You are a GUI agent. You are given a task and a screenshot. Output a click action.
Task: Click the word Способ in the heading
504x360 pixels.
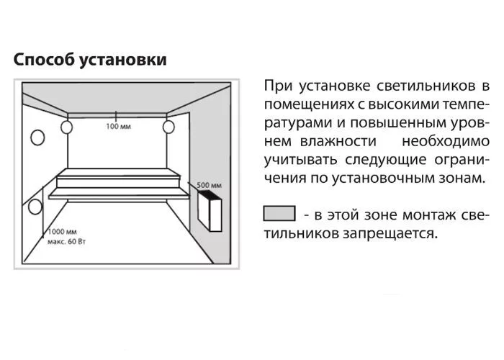point(44,60)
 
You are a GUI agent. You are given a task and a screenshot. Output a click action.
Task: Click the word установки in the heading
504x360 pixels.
point(123,60)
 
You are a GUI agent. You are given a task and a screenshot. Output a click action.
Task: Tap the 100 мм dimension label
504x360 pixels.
point(118,126)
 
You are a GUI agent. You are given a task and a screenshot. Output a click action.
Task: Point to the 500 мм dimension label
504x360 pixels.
point(209,185)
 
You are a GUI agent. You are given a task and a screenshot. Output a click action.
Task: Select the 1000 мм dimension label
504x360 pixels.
point(63,231)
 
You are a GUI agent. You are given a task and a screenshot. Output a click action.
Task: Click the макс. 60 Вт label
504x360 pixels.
point(66,241)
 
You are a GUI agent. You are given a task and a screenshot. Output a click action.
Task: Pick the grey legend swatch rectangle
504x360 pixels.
point(279,213)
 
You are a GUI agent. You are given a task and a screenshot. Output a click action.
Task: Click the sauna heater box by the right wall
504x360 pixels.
point(210,211)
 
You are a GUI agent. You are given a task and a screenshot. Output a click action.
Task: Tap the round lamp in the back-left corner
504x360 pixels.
point(67,127)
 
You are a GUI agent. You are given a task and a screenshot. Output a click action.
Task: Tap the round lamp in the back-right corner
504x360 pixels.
point(168,127)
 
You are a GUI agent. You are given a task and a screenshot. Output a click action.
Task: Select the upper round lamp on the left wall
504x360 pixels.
point(37,138)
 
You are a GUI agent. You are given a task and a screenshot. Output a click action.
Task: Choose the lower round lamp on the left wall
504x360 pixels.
point(35,207)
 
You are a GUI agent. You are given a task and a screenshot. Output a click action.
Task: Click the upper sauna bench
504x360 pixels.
point(119,178)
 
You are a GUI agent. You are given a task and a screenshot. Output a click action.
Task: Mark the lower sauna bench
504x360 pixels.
point(119,194)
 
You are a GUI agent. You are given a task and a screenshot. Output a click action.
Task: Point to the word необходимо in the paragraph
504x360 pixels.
point(446,141)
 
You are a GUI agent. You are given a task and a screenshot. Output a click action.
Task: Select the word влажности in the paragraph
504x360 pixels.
point(338,141)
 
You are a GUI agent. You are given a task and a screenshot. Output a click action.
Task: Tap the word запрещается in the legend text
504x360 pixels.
point(390,234)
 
